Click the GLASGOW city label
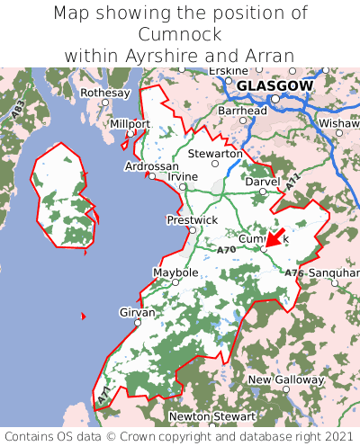click(274, 86)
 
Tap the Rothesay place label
click(104, 93)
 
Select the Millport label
click(130, 123)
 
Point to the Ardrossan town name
click(152, 167)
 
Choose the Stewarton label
click(215, 154)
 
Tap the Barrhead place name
click(242, 111)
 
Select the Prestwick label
click(192, 219)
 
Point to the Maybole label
click(175, 272)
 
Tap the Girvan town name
click(138, 312)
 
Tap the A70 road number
click(227, 248)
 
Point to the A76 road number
click(293, 272)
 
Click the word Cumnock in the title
click(179, 34)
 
